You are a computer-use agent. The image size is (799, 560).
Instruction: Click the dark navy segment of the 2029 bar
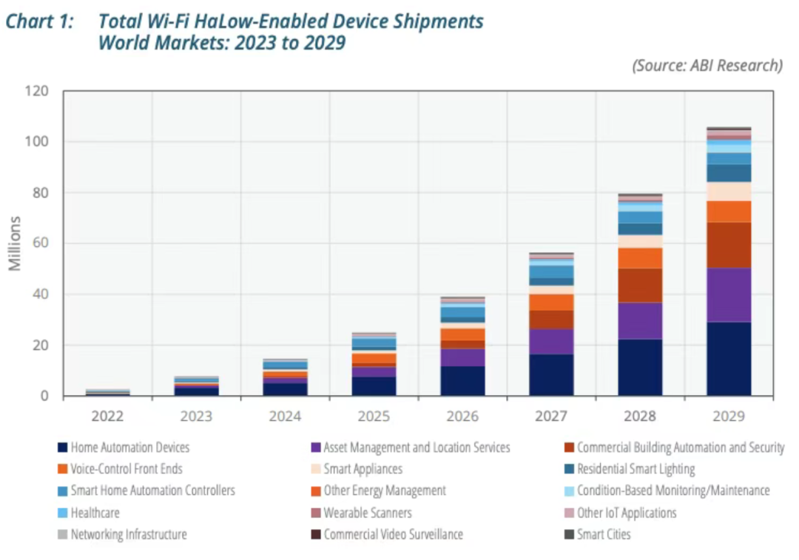[x=729, y=359]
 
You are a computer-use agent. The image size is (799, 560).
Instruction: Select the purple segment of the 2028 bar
[x=640, y=320]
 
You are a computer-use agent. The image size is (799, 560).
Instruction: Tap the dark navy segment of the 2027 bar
[x=551, y=375]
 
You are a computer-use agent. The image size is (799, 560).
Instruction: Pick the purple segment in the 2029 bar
[x=729, y=294]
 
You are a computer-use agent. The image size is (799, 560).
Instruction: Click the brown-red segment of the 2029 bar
[x=729, y=245]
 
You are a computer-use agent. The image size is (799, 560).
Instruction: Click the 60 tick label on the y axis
[x=38, y=243]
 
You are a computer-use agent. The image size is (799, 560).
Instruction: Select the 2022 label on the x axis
[x=107, y=416]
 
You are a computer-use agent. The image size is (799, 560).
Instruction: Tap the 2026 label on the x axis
[x=462, y=416]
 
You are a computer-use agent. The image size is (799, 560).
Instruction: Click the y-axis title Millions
[x=16, y=243]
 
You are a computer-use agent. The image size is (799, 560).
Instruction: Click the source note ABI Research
[x=707, y=65]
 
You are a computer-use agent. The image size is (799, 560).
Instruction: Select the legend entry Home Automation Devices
[x=129, y=448]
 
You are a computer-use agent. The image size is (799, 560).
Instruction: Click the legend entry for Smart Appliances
[x=363, y=469]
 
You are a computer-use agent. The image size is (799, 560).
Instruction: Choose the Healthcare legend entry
[x=95, y=513]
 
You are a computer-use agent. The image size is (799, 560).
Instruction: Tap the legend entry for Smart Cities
[x=603, y=534]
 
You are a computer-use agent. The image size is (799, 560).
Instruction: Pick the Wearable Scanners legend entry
[x=367, y=513]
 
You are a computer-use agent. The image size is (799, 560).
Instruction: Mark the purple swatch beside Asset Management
[x=316, y=448]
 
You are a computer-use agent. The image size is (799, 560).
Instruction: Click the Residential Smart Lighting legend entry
[x=636, y=469]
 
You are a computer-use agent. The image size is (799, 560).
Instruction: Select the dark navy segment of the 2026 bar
[x=462, y=381]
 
